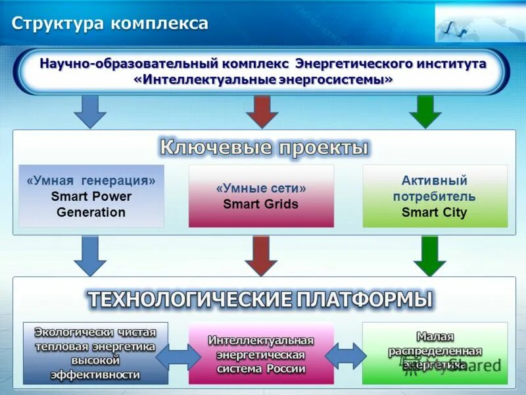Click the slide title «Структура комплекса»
point(110,24)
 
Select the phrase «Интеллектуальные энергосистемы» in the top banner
point(263,80)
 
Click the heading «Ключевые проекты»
point(264,147)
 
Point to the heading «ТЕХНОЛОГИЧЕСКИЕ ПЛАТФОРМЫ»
point(260,300)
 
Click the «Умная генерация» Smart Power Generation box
point(91,196)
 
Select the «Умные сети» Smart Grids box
point(261,196)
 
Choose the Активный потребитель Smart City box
point(435,196)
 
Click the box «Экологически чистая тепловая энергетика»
point(95,353)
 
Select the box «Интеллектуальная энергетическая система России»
point(261,354)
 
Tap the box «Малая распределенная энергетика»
point(435,353)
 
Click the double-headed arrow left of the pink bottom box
point(178,356)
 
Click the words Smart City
point(434,213)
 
